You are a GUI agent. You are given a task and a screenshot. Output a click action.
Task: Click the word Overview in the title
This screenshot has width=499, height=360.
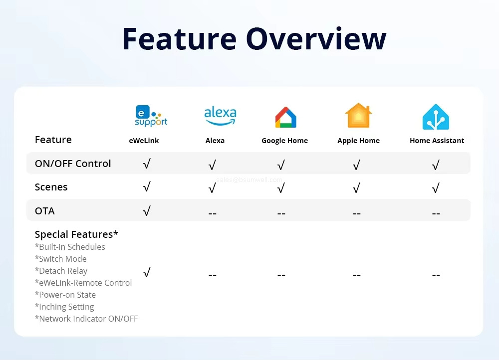point(316,39)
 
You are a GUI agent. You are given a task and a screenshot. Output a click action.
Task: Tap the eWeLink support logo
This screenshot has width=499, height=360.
point(151,116)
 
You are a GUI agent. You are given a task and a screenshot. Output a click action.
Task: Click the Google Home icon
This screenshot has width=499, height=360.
point(285,117)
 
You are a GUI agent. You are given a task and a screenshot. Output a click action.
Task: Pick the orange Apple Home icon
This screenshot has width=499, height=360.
point(358,116)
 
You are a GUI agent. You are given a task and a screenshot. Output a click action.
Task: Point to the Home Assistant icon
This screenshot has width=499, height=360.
point(436,117)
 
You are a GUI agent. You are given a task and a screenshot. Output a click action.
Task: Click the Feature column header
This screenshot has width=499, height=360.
point(53,140)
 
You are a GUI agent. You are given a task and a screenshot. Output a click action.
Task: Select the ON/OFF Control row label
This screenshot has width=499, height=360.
point(73,164)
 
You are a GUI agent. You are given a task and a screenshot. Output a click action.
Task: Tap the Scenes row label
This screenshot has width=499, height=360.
point(51,187)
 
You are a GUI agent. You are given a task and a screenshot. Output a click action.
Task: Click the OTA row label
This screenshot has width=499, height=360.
point(45,211)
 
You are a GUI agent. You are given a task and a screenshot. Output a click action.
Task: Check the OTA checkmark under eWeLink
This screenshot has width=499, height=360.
point(147,211)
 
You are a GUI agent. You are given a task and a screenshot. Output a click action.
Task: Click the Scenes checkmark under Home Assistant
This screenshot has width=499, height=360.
point(436,188)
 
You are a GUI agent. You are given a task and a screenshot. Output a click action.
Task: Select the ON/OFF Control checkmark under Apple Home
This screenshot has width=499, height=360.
point(356,165)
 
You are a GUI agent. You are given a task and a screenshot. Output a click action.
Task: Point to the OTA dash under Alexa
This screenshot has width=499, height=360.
point(212,213)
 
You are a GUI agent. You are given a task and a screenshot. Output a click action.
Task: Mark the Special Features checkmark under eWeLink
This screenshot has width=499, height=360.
point(147,273)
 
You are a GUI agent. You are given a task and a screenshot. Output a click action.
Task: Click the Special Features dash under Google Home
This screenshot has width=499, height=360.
point(281,275)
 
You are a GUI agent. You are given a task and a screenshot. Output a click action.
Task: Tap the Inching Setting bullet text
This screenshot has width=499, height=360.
point(64,307)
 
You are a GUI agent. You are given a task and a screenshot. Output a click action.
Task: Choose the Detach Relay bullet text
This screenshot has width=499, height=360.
point(61,271)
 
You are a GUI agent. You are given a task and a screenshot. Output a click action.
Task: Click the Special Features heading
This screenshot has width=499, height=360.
point(76,234)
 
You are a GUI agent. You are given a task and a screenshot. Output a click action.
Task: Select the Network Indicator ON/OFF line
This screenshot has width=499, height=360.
point(86,319)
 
